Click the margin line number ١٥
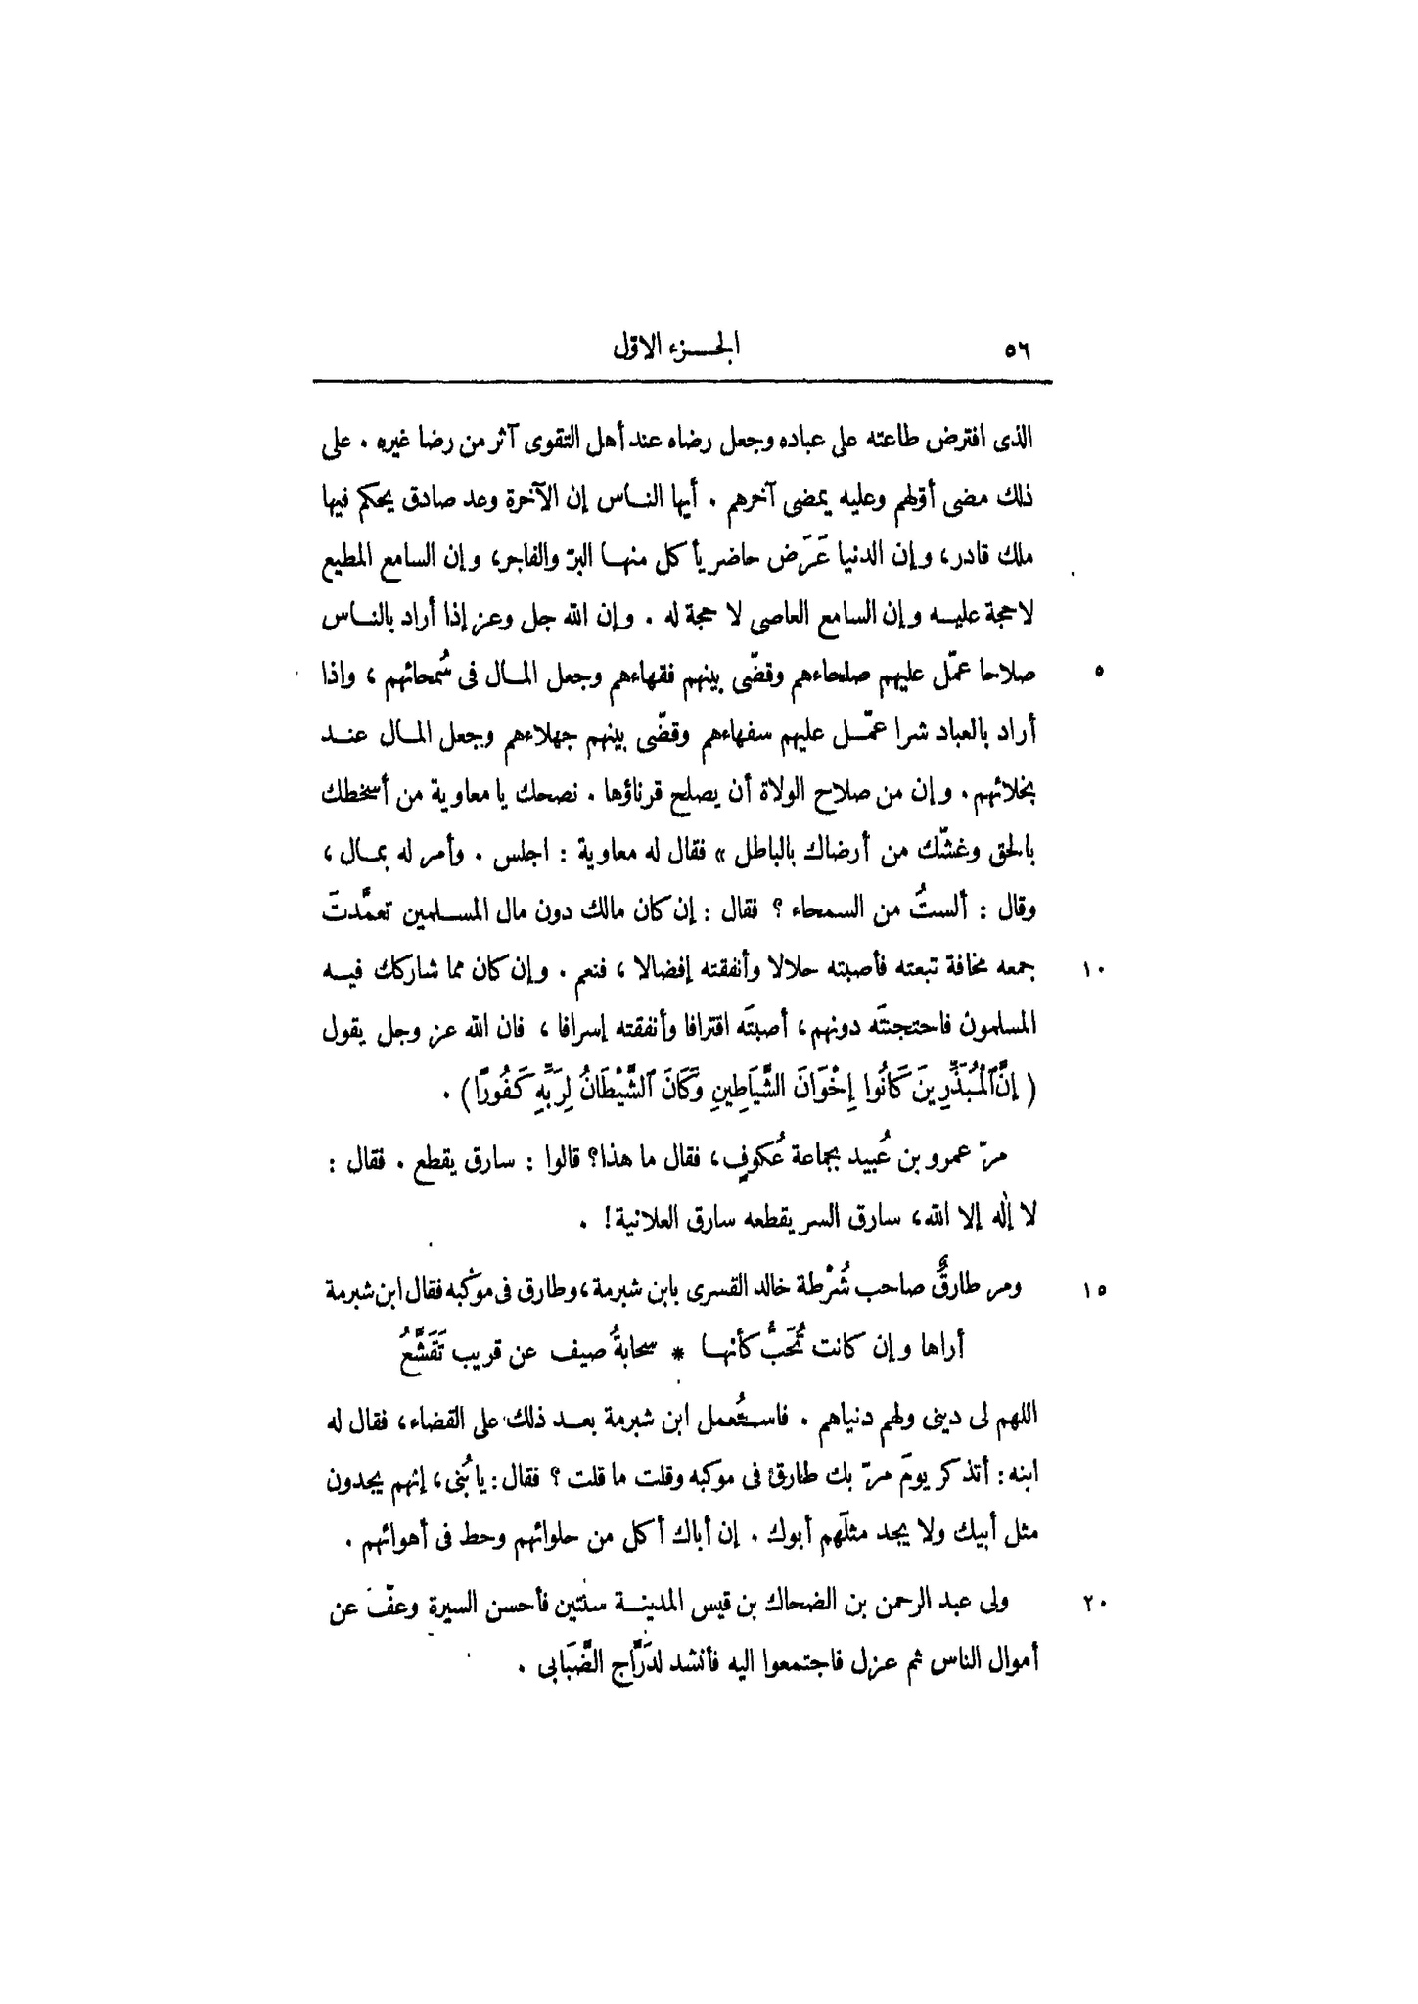pyautogui.click(x=1093, y=1291)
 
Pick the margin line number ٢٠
pyautogui.click(x=1093, y=1604)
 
